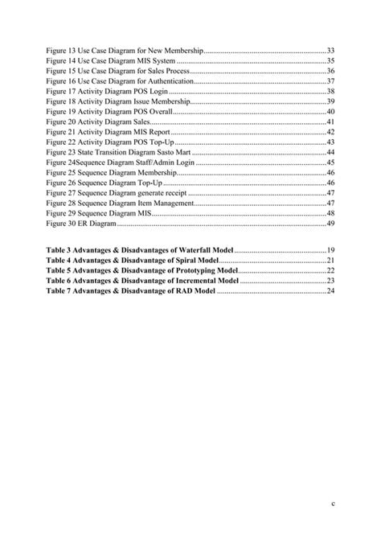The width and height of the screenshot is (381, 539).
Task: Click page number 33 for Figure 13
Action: point(330,50)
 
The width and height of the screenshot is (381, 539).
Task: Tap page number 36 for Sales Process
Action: point(330,71)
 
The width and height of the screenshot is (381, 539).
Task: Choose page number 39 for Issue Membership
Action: point(330,101)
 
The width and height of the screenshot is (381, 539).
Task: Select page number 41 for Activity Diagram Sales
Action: point(330,122)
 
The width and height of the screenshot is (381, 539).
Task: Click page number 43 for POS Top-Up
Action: point(330,142)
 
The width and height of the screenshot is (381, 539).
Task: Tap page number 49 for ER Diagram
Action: point(330,224)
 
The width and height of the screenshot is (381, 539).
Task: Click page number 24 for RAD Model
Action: point(330,291)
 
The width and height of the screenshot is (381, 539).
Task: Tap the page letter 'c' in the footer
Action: point(331,504)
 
